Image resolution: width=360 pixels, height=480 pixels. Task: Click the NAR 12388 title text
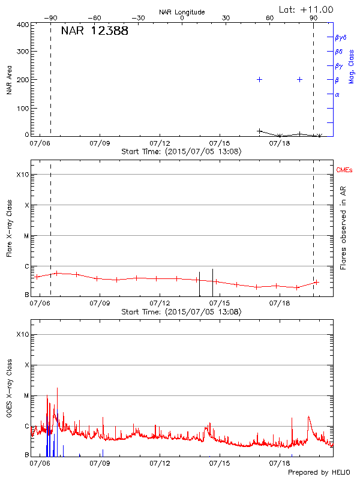tap(95, 31)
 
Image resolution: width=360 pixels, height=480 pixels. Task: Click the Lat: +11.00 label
tap(307, 10)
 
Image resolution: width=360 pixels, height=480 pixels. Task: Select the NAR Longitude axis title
tap(182, 12)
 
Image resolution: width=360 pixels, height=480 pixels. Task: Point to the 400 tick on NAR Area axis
tap(23, 25)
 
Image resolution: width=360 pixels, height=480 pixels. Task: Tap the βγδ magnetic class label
tap(341, 37)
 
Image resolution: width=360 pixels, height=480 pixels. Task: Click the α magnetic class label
tap(337, 94)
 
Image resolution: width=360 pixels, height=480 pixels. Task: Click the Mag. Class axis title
tap(352, 67)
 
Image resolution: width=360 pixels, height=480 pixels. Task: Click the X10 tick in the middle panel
tap(22, 175)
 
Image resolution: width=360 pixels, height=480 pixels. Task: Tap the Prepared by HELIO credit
tap(319, 473)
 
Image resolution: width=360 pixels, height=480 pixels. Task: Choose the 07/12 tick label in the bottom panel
tap(160, 464)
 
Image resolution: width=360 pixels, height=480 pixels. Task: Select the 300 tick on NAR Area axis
tap(23, 52)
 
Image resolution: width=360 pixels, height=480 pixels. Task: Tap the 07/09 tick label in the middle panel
tap(100, 304)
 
